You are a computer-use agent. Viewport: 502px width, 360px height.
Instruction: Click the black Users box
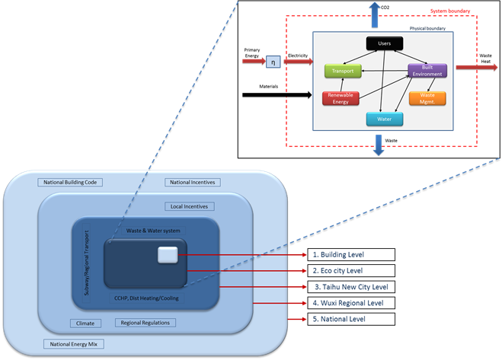pos(385,44)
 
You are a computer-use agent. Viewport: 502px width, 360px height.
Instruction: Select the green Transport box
pos(341,71)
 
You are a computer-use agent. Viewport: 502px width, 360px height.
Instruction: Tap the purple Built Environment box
pos(427,71)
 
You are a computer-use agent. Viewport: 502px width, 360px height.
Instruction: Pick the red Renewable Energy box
pos(341,97)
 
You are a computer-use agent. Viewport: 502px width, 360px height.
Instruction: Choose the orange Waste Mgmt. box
pos(427,97)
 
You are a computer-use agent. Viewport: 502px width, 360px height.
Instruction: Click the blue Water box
pos(385,118)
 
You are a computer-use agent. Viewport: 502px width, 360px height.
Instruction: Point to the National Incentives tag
pos(191,183)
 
